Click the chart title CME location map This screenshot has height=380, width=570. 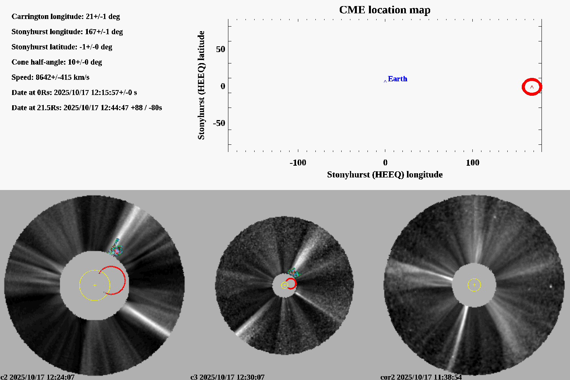click(385, 10)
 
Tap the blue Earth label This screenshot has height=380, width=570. click(397, 79)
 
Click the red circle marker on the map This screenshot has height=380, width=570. click(532, 87)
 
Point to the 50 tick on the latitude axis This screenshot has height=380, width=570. click(220, 49)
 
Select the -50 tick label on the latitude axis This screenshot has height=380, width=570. click(218, 123)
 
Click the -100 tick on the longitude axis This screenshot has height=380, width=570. click(298, 163)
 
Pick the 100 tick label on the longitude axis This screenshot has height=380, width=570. click(472, 163)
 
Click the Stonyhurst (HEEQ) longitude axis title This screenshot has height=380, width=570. click(385, 174)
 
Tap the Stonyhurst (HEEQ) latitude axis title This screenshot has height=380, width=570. click(201, 85)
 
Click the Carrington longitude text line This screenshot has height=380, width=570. click(66, 17)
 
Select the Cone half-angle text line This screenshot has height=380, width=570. click(57, 62)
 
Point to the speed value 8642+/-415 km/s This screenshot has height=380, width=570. click(62, 78)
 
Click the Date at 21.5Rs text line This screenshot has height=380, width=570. click(87, 108)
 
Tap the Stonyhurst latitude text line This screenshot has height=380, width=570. click(62, 47)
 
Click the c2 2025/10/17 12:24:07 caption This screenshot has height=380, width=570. click(38, 377)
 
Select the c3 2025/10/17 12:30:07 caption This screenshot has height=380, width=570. click(227, 377)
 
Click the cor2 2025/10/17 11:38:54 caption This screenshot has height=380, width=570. click(421, 377)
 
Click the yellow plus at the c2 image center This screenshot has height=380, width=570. click(95, 285)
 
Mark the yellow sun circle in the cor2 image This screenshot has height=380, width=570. click(474, 285)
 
